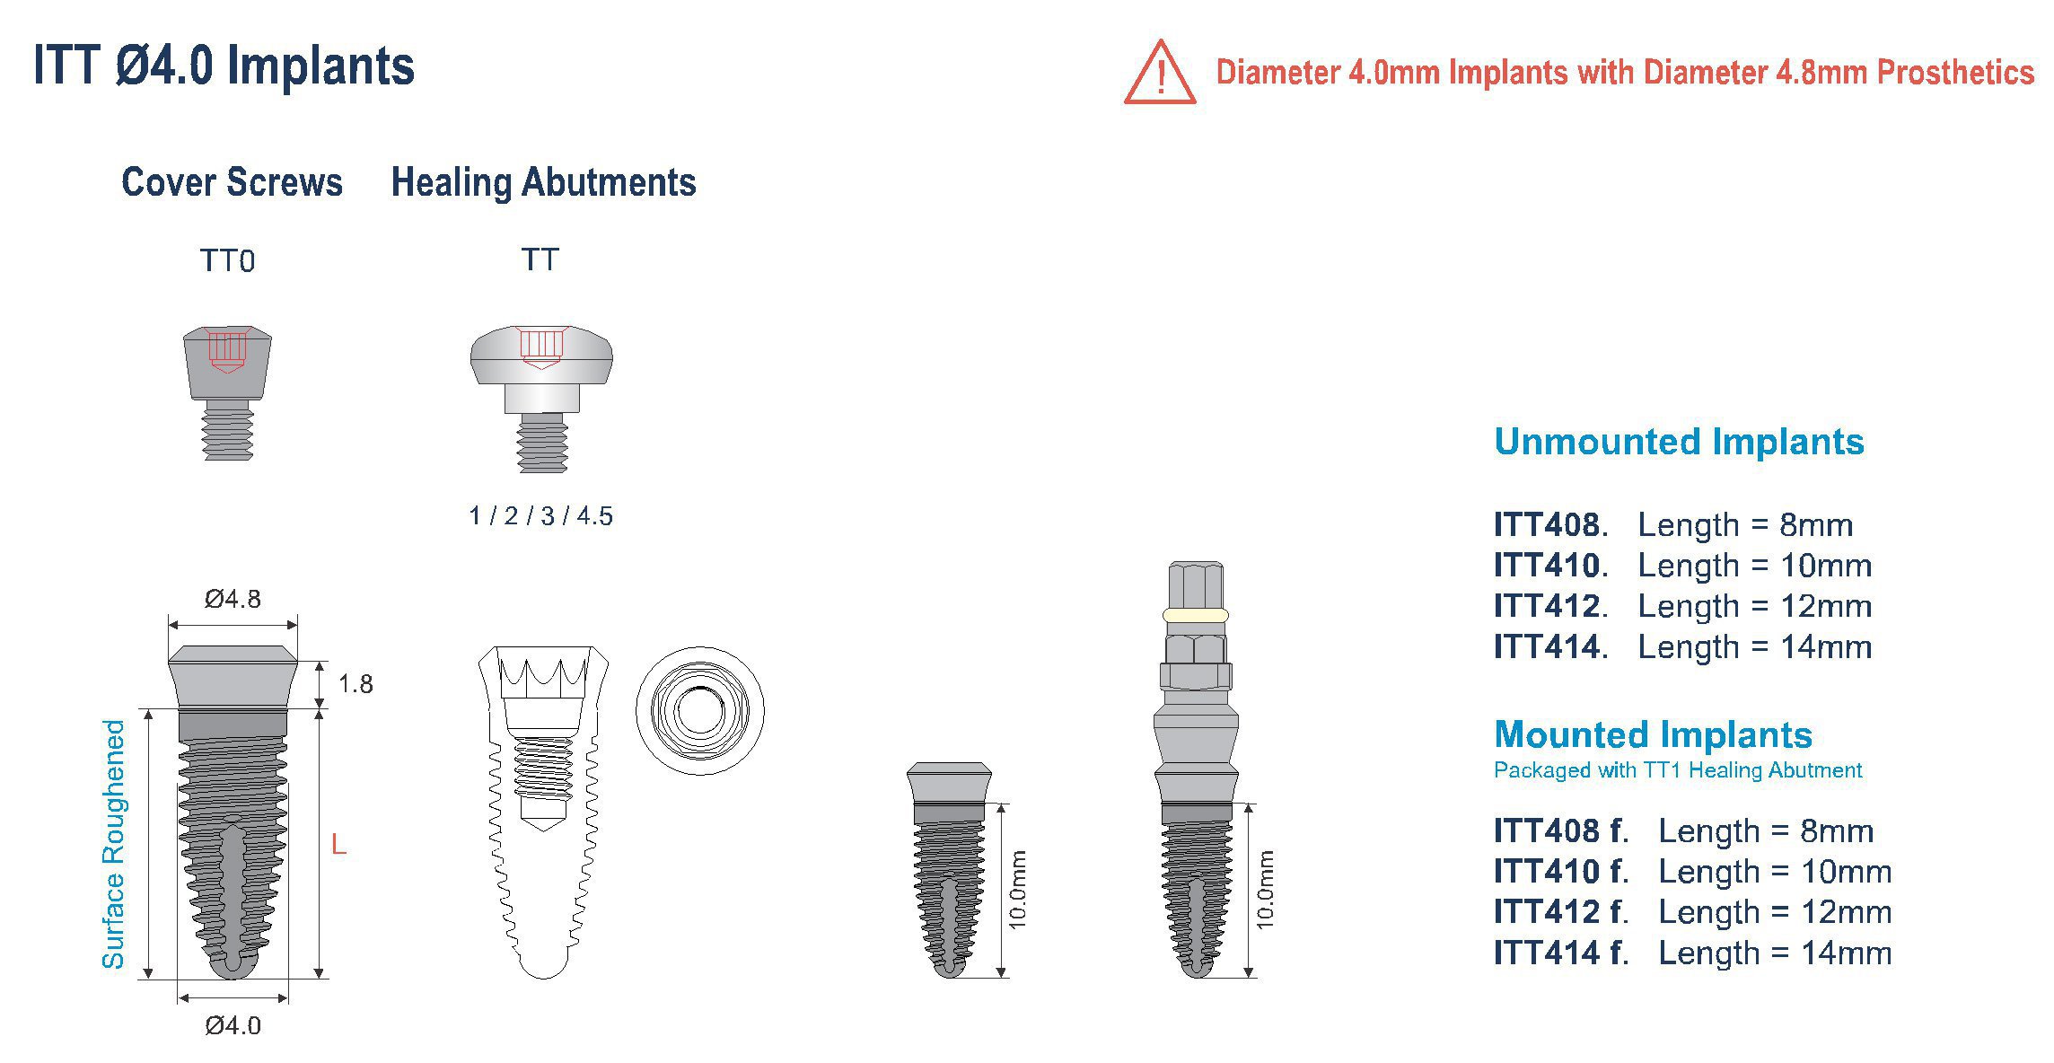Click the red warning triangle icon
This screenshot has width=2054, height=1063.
1159,75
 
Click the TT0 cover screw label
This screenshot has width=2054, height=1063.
227,261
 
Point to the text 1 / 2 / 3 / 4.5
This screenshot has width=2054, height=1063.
540,516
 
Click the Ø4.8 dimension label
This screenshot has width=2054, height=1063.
233,599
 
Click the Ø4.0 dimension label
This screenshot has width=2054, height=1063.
233,1025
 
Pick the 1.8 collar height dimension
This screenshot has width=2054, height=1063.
355,684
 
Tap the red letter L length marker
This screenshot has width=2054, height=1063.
338,844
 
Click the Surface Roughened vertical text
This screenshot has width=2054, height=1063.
114,844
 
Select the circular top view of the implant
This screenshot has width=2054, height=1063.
700,710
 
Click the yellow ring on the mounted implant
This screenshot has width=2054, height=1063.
1195,615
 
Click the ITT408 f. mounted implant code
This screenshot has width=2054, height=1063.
1560,831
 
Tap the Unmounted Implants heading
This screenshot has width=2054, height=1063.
1679,442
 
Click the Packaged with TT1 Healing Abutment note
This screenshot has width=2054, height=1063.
1677,770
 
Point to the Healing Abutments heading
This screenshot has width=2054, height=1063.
543,182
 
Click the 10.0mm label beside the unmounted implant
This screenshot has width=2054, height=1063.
1018,889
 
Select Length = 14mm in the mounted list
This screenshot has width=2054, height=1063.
1775,953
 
